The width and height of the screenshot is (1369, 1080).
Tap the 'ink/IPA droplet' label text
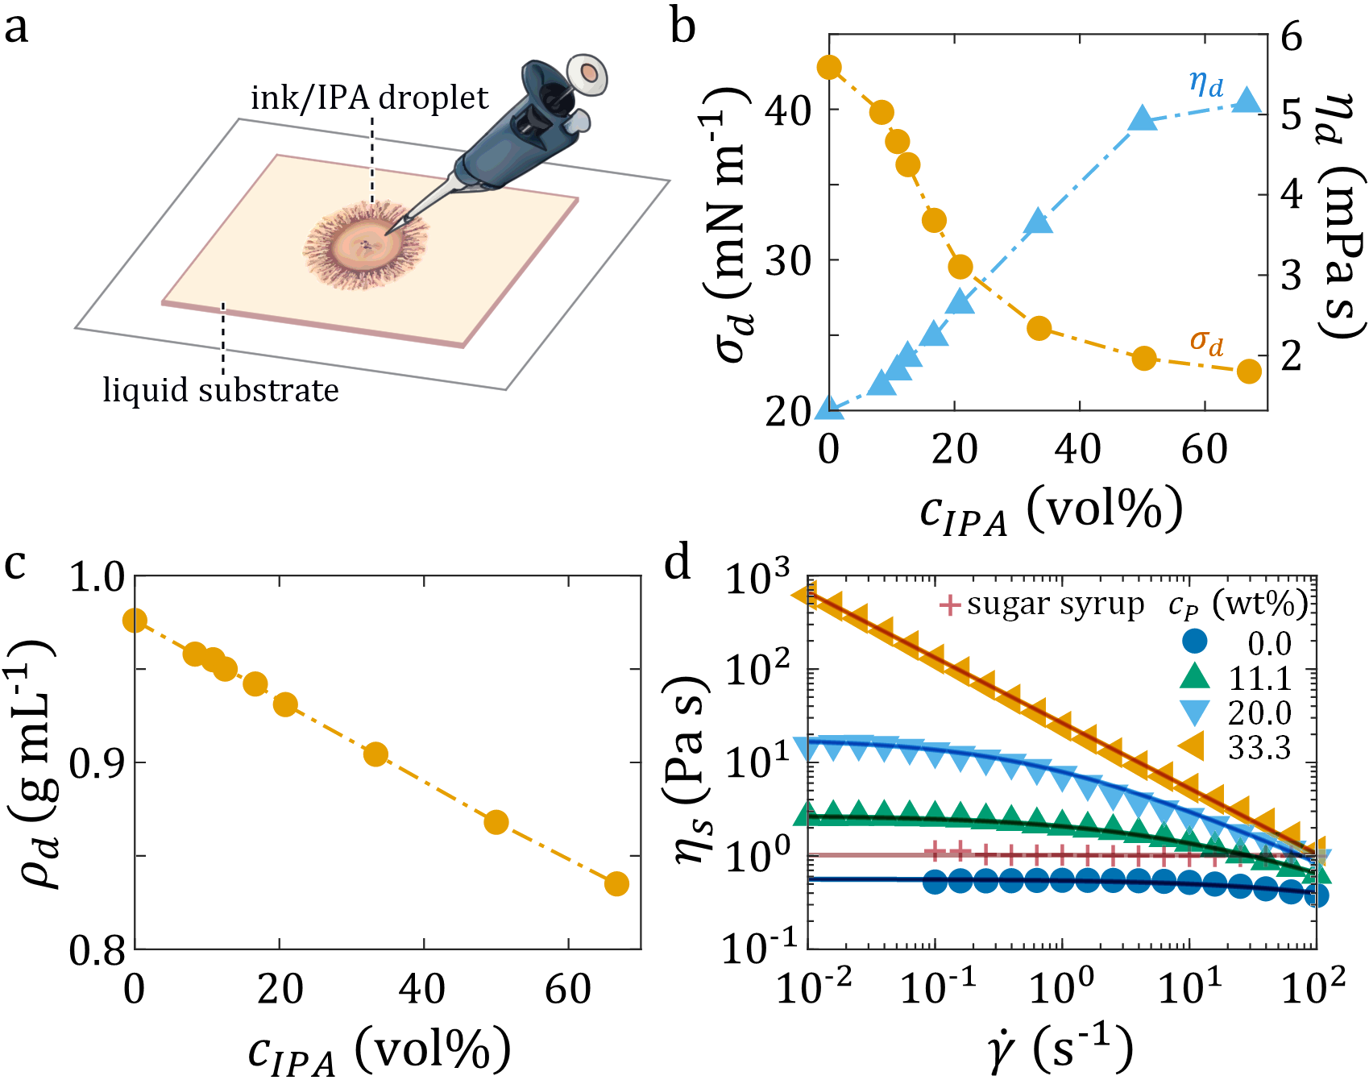point(369,98)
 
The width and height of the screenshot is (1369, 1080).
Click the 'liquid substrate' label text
point(221,391)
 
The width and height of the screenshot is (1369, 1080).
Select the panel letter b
point(682,27)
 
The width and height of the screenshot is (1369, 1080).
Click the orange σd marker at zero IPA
point(830,68)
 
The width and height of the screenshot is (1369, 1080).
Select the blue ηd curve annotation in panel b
point(1206,83)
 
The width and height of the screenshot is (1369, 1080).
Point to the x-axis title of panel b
point(1052,512)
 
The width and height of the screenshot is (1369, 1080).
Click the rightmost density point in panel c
point(616,884)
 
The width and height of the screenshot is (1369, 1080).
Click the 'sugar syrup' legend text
point(1056,604)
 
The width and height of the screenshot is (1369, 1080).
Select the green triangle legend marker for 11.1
point(1195,677)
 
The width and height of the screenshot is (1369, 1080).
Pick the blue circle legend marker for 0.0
point(1195,642)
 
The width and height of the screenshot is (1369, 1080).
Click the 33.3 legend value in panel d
point(1259,749)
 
